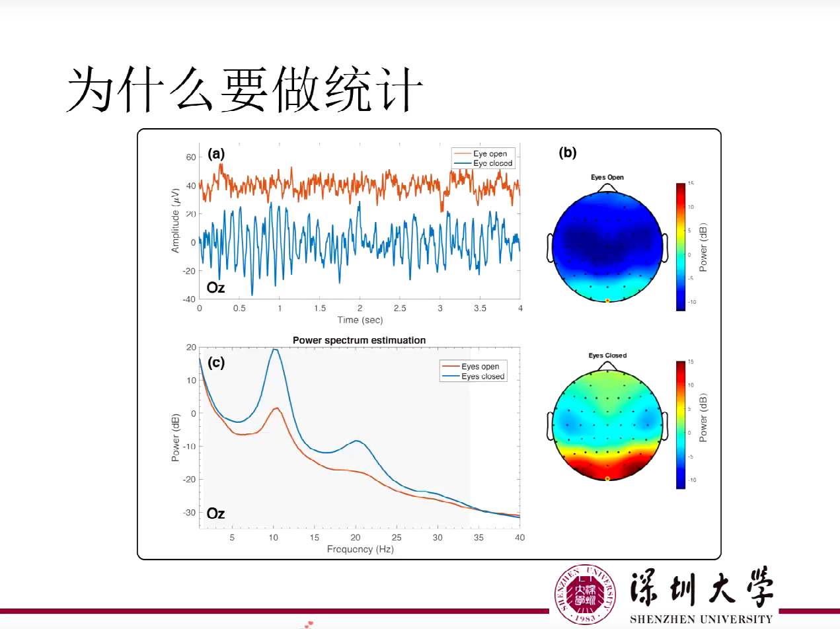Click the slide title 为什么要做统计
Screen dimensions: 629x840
pyautogui.click(x=245, y=89)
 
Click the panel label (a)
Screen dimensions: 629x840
pyautogui.click(x=216, y=154)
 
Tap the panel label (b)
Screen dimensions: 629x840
pyautogui.click(x=567, y=153)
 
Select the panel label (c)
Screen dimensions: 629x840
pyautogui.click(x=216, y=362)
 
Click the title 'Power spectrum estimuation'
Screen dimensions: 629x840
pyautogui.click(x=359, y=340)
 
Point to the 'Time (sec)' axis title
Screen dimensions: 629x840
pyautogui.click(x=359, y=320)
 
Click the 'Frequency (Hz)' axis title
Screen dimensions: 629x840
pyautogui.click(x=360, y=549)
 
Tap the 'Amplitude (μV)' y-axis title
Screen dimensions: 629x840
pyautogui.click(x=175, y=220)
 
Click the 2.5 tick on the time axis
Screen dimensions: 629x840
pyautogui.click(x=400, y=309)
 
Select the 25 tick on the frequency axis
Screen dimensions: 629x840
pyautogui.click(x=397, y=538)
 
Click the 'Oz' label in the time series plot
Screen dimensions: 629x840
pyautogui.click(x=215, y=287)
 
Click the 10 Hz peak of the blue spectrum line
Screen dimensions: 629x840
pyautogui.click(x=274, y=350)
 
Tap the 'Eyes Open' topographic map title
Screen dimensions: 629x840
pyautogui.click(x=607, y=177)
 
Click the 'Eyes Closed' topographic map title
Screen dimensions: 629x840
pyautogui.click(x=607, y=355)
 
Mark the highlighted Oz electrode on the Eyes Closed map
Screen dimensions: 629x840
pyautogui.click(x=607, y=478)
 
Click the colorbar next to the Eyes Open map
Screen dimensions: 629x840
pyautogui.click(x=681, y=246)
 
